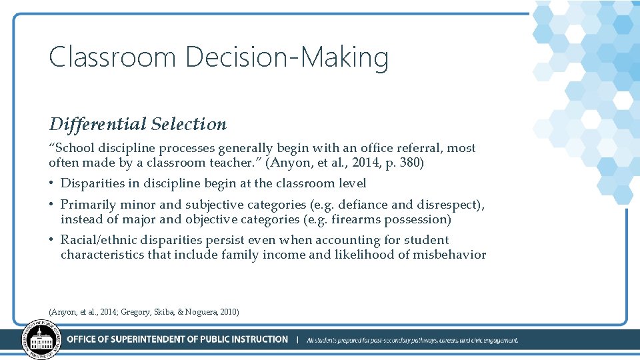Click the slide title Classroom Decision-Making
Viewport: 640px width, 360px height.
(219, 57)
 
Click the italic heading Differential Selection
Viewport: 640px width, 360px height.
(137, 124)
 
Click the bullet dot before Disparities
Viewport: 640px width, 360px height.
(51, 183)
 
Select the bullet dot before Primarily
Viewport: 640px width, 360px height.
(51, 205)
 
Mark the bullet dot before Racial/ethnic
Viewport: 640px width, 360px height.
(51, 240)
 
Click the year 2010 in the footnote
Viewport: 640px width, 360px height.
(227, 312)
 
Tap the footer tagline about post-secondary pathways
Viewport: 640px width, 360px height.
(412, 340)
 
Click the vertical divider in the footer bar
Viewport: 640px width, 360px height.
(297, 340)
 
